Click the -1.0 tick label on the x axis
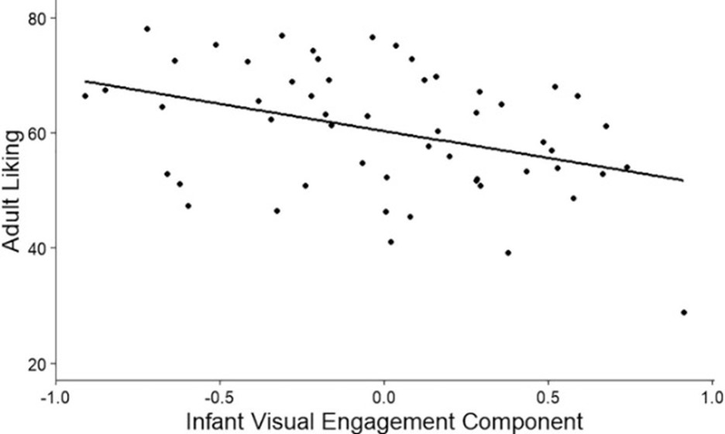(55, 397)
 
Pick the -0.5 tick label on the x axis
(219, 397)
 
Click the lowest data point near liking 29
(684, 312)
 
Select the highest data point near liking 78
(146, 29)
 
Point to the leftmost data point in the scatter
(85, 96)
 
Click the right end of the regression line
(682, 181)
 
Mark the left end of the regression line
(85, 81)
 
